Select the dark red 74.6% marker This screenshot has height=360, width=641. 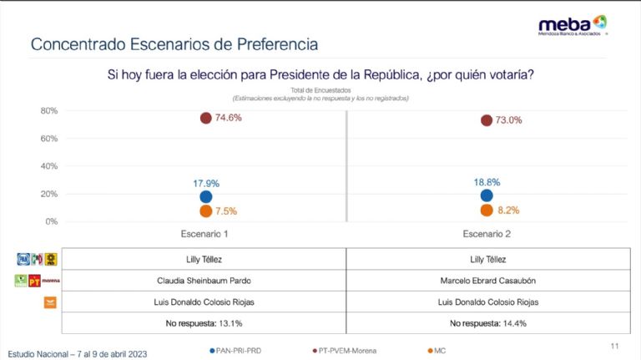[x=205, y=118]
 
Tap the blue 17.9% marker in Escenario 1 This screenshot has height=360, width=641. [x=205, y=196]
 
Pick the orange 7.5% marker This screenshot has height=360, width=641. [x=205, y=211]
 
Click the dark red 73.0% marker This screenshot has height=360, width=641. [x=486, y=120]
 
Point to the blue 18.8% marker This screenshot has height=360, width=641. [x=486, y=195]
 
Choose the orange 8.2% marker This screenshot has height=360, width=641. [x=486, y=210]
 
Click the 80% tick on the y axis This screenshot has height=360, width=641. [x=48, y=111]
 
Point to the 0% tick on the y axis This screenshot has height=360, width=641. [x=51, y=221]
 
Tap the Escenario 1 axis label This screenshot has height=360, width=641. [x=204, y=234]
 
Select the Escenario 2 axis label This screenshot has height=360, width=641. [x=487, y=234]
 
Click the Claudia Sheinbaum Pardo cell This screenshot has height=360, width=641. [x=204, y=281]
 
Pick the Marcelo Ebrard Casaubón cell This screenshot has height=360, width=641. [x=487, y=281]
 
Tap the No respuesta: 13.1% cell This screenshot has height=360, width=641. [x=204, y=322]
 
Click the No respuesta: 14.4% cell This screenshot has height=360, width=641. [x=487, y=322]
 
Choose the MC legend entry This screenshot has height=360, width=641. [x=439, y=350]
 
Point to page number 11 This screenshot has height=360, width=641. [x=614, y=345]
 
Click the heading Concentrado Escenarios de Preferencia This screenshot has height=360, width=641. [x=174, y=43]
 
